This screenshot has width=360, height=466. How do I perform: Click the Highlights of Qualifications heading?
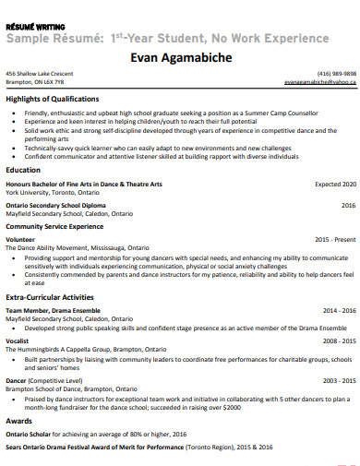[x=53, y=99]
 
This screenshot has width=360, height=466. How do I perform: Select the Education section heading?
[x=23, y=171]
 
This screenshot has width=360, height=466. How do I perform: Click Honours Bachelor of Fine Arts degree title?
[x=84, y=185]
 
